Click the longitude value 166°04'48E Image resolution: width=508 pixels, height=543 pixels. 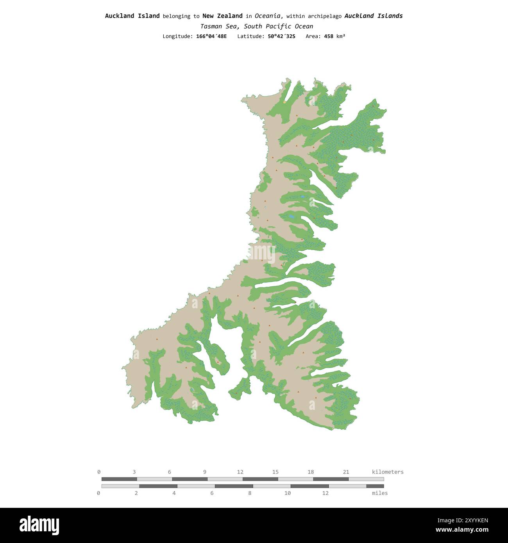tap(211, 36)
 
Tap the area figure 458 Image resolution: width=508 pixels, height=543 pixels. tap(329, 36)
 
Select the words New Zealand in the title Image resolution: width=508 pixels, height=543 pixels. tap(222, 16)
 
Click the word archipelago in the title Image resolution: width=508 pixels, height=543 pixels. tap(324, 16)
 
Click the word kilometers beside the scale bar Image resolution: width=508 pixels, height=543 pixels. tap(388, 472)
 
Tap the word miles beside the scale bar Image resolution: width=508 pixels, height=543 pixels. tap(379, 493)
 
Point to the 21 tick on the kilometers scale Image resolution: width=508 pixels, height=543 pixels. tap(346, 472)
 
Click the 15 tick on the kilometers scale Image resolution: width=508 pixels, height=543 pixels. tap(275, 472)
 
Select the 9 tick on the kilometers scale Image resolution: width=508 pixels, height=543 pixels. tap(205, 472)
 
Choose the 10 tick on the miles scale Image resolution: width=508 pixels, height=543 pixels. tap(288, 493)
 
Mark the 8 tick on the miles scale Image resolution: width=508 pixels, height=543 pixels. tap(250, 493)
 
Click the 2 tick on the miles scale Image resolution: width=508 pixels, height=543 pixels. tap(136, 493)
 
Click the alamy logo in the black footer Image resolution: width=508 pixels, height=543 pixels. tap(39, 525)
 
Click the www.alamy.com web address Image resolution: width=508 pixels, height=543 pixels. tap(462, 530)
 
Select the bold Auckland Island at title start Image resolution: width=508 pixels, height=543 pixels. tap(132, 16)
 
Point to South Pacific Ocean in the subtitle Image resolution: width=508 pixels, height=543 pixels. tap(279, 26)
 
